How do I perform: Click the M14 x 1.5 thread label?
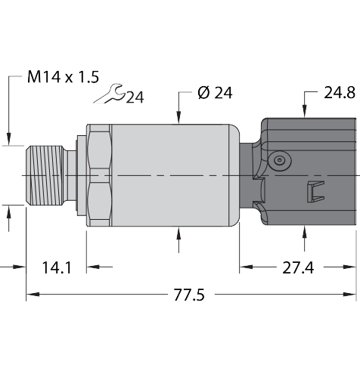(x=63, y=77)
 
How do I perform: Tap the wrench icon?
(x=110, y=94)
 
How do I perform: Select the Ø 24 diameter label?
(x=215, y=93)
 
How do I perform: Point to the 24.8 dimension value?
(x=340, y=93)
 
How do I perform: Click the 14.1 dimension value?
(x=57, y=267)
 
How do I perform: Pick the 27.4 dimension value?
(x=298, y=267)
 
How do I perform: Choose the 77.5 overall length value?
(x=189, y=295)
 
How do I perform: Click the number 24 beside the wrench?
(x=135, y=97)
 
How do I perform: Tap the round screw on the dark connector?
(x=279, y=160)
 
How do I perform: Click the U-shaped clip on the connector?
(x=315, y=192)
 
